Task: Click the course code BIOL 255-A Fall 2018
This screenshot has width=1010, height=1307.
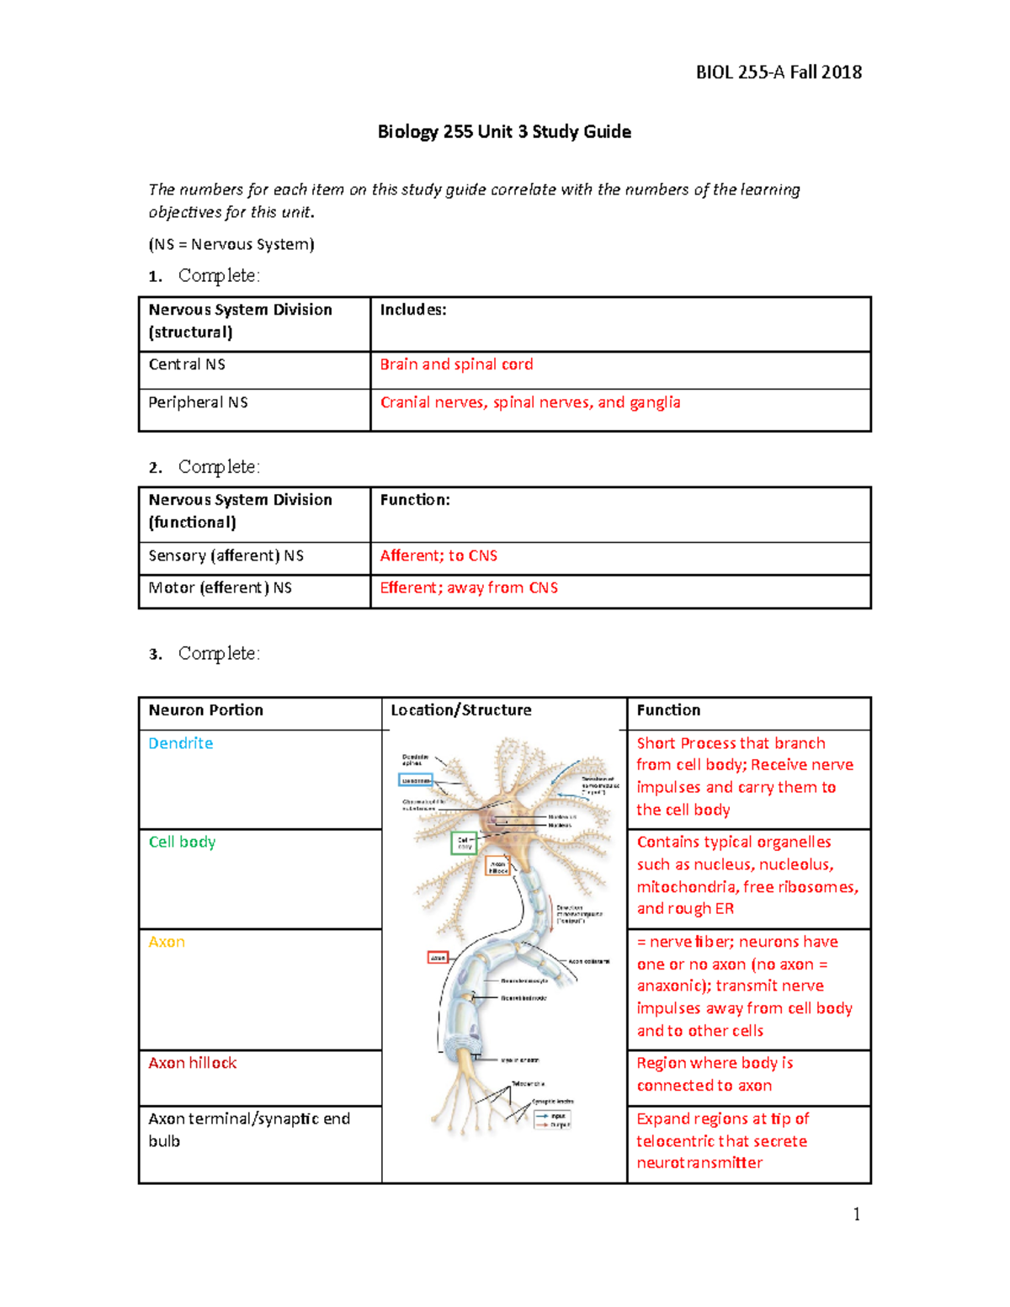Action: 778,72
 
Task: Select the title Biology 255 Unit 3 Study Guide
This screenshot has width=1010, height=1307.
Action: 504,132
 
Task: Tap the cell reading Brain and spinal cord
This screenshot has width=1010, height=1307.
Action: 456,364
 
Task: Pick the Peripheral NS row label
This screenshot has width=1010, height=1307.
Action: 198,402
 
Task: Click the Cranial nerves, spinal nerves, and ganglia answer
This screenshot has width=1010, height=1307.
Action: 529,402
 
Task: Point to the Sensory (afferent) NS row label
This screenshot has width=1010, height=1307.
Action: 226,555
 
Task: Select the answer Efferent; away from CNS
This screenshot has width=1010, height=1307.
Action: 469,587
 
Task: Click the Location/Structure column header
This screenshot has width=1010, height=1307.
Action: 460,709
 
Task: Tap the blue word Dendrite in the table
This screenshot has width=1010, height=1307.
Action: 180,743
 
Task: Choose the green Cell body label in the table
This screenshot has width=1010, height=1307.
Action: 182,842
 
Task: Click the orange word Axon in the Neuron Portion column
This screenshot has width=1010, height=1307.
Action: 167,942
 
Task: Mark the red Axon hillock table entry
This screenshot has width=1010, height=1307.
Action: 192,1063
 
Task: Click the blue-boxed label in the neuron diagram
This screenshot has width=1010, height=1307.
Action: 416,780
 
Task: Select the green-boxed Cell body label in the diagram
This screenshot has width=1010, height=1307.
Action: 464,843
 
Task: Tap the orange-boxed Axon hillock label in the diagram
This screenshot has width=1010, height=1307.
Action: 498,866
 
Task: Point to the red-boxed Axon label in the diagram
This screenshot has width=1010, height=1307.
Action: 438,958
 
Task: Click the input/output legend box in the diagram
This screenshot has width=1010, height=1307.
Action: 553,1119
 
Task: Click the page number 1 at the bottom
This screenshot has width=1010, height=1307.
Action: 856,1214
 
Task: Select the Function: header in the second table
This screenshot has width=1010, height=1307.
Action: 415,500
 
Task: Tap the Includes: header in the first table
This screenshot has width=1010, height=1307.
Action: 412,310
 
